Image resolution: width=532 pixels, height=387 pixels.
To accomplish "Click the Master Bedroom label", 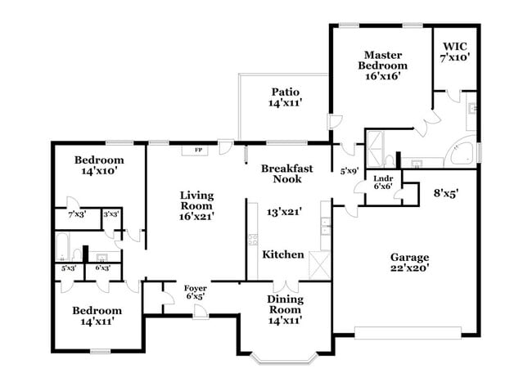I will [383, 64].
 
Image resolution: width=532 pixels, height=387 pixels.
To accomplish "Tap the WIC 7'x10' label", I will [455, 52].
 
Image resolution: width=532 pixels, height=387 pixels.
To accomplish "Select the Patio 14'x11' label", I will [286, 97].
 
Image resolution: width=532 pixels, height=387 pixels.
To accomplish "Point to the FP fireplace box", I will [197, 151].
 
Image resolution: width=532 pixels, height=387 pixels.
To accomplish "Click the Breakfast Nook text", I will [286, 173].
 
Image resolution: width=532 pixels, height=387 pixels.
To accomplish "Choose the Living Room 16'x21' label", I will [197, 206].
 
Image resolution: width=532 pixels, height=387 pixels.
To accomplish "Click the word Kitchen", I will [283, 254].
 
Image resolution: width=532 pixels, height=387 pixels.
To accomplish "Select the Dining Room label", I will [286, 304].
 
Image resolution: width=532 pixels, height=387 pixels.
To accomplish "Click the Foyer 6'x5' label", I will [195, 291].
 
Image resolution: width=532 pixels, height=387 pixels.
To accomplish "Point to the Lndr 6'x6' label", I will [382, 182].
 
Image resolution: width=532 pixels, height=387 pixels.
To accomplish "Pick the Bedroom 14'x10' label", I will [99, 165].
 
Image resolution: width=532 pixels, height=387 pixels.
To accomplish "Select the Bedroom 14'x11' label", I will [97, 316].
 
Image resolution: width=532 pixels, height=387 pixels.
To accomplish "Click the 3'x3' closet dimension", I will [110, 214].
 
